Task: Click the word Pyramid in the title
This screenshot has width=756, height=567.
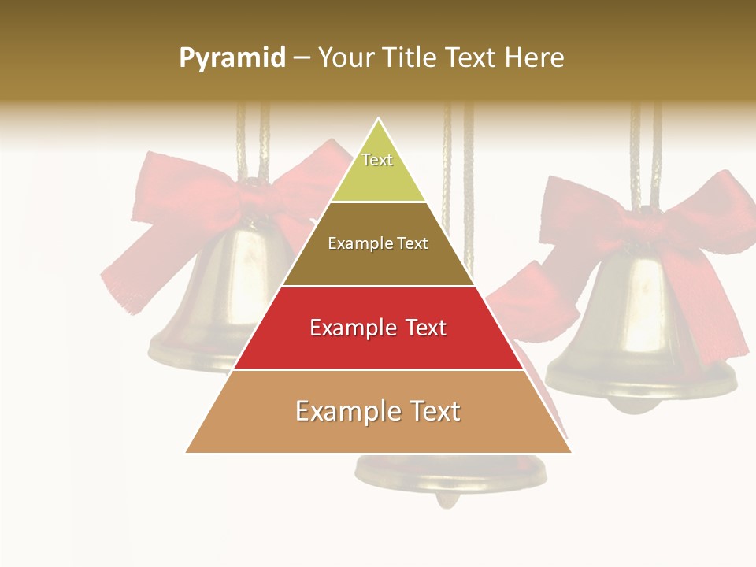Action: (232, 58)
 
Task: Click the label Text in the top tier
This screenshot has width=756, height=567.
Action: (377, 160)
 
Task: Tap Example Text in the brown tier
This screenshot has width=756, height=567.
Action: (378, 243)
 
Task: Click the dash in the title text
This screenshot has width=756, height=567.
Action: (302, 59)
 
